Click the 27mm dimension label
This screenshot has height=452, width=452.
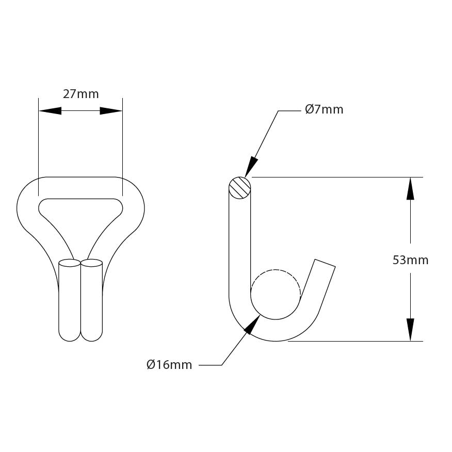coord(80,94)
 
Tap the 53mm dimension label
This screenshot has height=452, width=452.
coord(410,260)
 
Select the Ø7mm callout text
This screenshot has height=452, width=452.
coord(324,109)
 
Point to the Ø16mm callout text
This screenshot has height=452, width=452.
coord(169,365)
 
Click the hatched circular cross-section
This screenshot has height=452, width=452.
coord(240,187)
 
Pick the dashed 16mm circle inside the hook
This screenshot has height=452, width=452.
coord(276,294)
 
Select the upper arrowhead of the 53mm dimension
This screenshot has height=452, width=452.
coord(410,189)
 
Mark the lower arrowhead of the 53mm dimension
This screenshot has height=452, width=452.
coord(410,329)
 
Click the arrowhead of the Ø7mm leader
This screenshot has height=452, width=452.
coord(251,168)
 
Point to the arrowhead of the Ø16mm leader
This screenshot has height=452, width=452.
coord(252,325)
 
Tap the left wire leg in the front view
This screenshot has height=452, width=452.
coord(70,302)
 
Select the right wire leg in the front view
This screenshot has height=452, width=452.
coord(92,302)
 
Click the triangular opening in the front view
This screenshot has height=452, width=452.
coord(80,217)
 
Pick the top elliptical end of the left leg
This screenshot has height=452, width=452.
coord(70,263)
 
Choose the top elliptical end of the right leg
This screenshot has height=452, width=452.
coord(92,263)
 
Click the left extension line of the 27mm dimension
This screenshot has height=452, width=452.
coord(39,144)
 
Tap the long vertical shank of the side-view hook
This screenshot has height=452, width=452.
coord(240,243)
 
